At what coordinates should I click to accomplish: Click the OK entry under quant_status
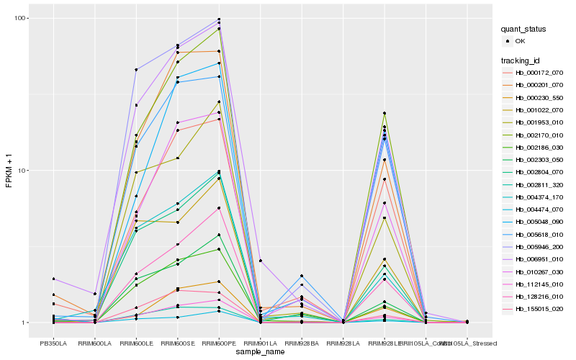pyautogui.click(x=520, y=41)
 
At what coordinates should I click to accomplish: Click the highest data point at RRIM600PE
pyautogui.click(x=219, y=19)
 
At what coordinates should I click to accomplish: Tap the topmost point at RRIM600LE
pyautogui.click(x=136, y=70)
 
